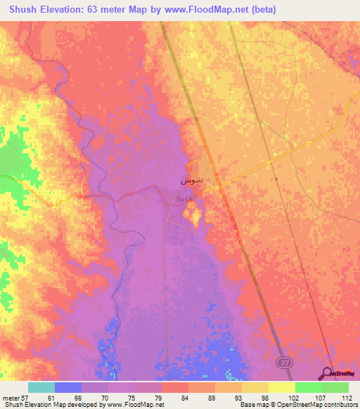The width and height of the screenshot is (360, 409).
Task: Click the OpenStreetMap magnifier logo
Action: [x=326, y=373]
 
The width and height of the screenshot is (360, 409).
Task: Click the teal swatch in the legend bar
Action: [x=41, y=387]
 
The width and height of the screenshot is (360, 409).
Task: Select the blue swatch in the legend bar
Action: [x=67, y=387]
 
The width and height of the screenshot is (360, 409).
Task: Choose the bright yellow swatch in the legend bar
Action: [x=281, y=387]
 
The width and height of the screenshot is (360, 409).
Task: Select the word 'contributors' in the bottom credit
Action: [x=338, y=405]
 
